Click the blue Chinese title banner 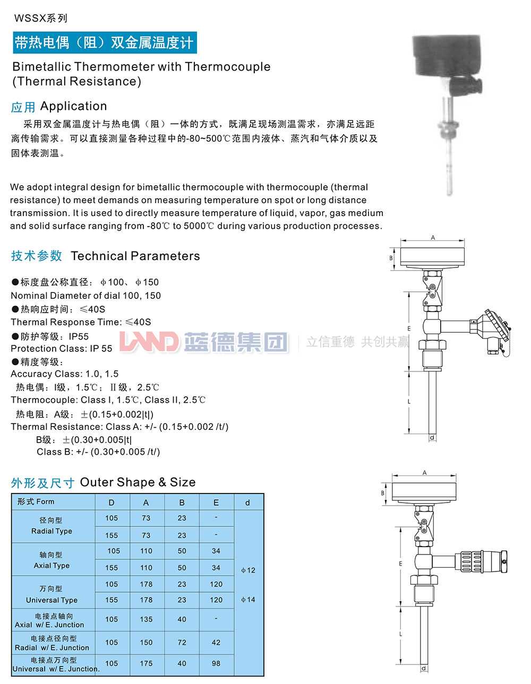pos(105,42)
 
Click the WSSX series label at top pos(41,18)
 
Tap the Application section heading pos(59,106)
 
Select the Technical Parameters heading pos(105,256)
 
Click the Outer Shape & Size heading pos(103,482)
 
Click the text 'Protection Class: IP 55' pos(62,349)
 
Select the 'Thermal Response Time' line pos(81,322)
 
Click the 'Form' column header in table pos(36,501)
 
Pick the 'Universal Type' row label pos(52,600)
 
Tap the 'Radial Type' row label pos(52,531)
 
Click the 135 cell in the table pos(146,619)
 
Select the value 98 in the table pos(216,663)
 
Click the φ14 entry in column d pos(247,600)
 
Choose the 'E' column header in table pos(216,503)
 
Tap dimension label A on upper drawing pos(433,238)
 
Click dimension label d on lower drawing pos(423,669)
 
